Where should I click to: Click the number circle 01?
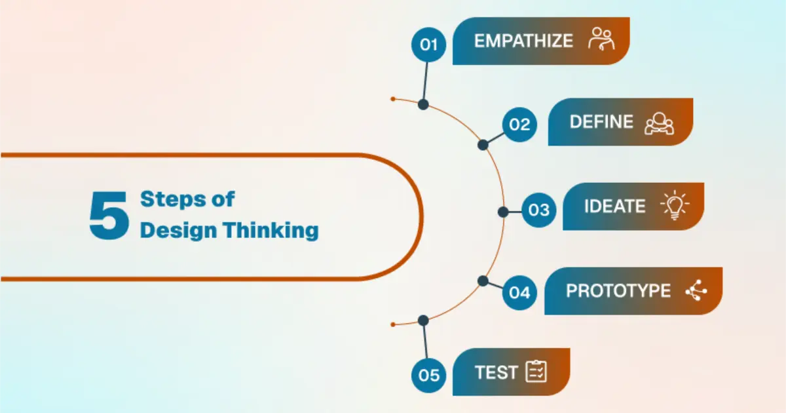(428, 45)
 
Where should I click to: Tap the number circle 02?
(519, 125)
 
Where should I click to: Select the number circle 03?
(538, 210)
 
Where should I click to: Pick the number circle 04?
(519, 292)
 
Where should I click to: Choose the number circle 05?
(428, 375)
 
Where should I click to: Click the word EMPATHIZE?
(523, 41)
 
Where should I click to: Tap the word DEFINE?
(601, 122)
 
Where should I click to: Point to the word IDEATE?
(615, 206)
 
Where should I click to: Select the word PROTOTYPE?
(618, 291)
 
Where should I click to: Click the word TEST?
(496, 372)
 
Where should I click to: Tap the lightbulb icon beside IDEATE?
(675, 205)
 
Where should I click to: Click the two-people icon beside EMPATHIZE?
(601, 39)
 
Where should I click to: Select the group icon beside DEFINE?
(659, 123)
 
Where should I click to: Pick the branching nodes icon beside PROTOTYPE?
(696, 290)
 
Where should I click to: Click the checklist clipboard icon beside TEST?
(536, 371)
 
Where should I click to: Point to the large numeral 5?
(109, 215)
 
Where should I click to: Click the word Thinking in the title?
(272, 231)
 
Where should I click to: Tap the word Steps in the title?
(173, 199)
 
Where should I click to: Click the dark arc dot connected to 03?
(503, 212)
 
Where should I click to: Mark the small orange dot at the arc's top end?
(393, 99)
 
